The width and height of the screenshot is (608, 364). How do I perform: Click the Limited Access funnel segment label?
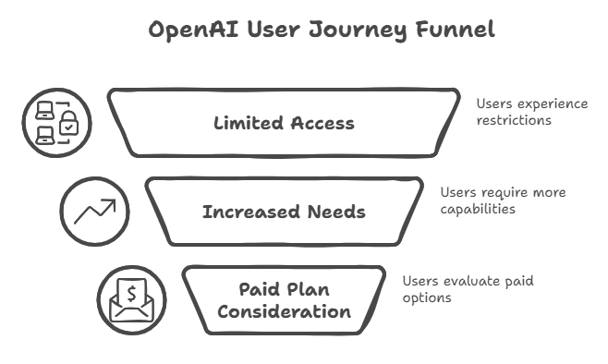pos(284,123)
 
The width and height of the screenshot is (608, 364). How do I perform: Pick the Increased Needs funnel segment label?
pos(284,212)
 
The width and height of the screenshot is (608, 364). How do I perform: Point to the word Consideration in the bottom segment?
pos(284,311)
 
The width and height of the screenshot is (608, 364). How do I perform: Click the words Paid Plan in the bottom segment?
pos(284,289)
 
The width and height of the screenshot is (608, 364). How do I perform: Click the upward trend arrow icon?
pos(95,212)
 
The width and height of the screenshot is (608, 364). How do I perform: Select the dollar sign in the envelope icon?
pos(131,295)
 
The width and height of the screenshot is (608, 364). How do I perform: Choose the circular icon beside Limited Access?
pos(57,123)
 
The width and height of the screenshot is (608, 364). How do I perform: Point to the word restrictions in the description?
pos(514,120)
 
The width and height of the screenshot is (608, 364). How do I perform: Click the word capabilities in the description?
pos(478,209)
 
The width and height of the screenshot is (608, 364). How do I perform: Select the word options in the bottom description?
pos(427,297)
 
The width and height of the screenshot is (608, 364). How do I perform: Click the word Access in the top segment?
pos(322,123)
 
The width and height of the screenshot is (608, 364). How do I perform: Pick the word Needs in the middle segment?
pos(337,212)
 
